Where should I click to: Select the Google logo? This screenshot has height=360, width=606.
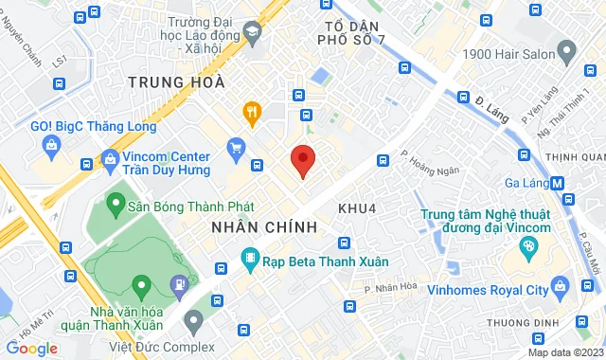(31, 348)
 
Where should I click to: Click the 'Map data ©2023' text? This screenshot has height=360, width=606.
(564, 352)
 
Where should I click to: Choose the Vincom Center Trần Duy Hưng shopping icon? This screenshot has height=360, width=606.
(110, 158)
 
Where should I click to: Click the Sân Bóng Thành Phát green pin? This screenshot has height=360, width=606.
(116, 202)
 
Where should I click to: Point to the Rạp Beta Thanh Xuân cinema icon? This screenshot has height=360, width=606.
(250, 256)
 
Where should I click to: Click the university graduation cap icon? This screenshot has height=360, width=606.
(252, 33)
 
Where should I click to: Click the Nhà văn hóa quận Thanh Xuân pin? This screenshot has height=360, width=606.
(141, 284)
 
